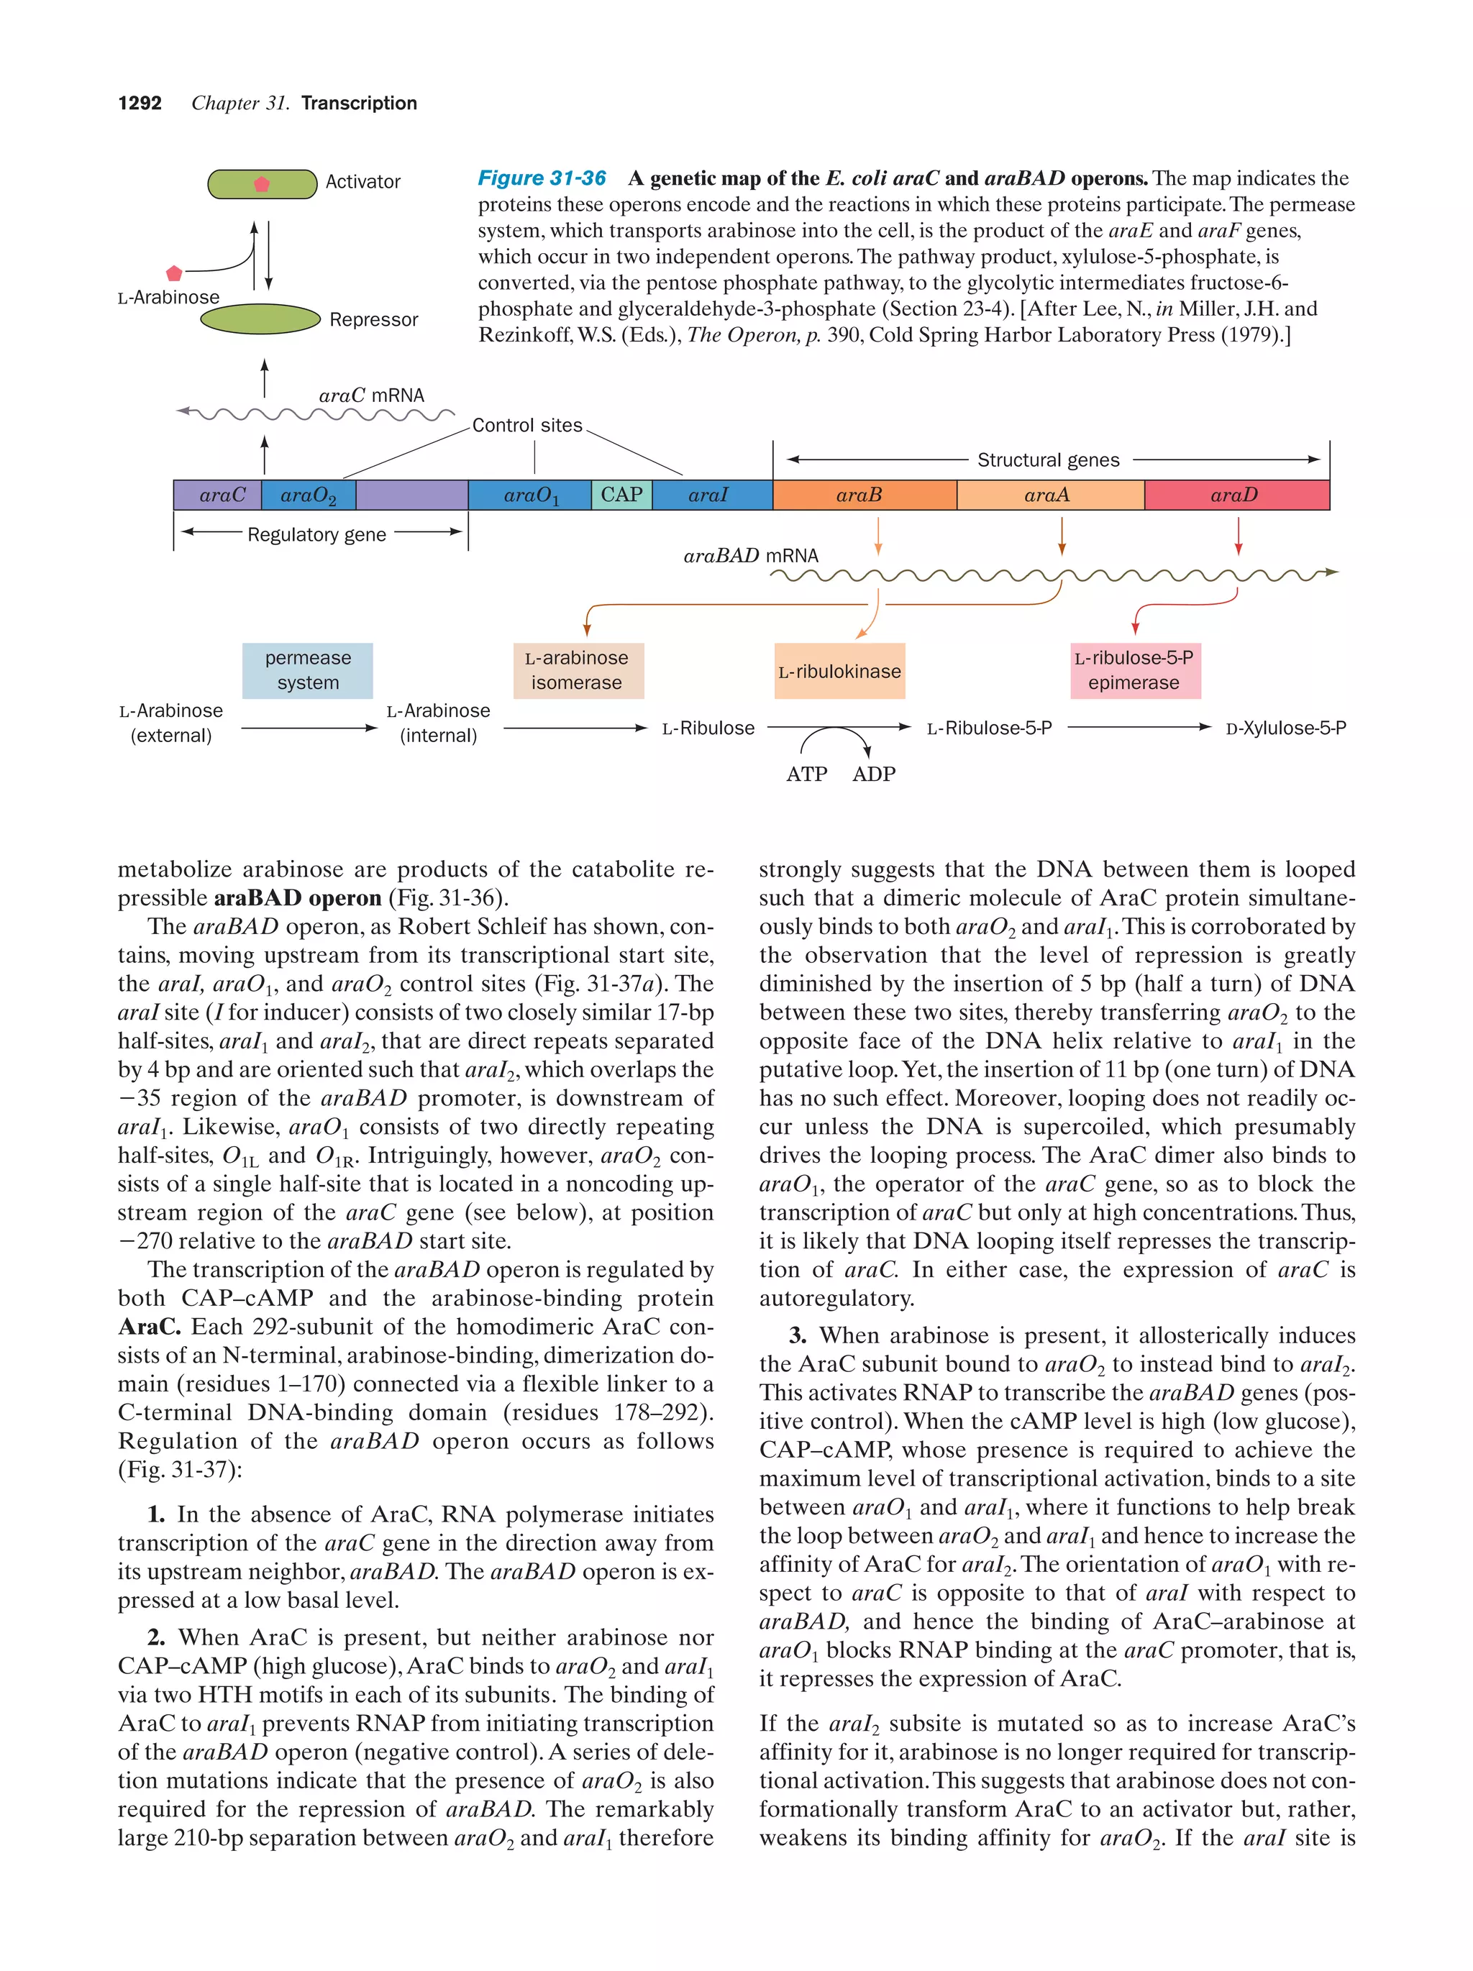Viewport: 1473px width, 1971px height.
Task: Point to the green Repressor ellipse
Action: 260,318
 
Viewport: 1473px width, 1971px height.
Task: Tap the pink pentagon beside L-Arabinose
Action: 175,273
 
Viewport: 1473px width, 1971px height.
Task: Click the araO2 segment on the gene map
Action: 309,495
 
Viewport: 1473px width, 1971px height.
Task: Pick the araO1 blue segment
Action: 530,495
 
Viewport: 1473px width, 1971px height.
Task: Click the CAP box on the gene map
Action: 621,495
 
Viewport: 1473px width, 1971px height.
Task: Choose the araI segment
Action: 711,495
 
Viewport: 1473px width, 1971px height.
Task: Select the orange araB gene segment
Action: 864,495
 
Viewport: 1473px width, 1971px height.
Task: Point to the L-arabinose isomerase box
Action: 578,670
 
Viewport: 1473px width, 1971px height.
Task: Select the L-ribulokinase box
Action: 839,671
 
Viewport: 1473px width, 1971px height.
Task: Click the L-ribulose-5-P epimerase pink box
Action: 1134,670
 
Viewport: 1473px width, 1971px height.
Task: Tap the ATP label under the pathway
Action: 806,774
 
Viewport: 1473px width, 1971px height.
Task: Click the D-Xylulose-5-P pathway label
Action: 1285,728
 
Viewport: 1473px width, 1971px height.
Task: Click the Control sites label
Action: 526,425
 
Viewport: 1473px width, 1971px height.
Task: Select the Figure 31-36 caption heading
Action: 542,178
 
